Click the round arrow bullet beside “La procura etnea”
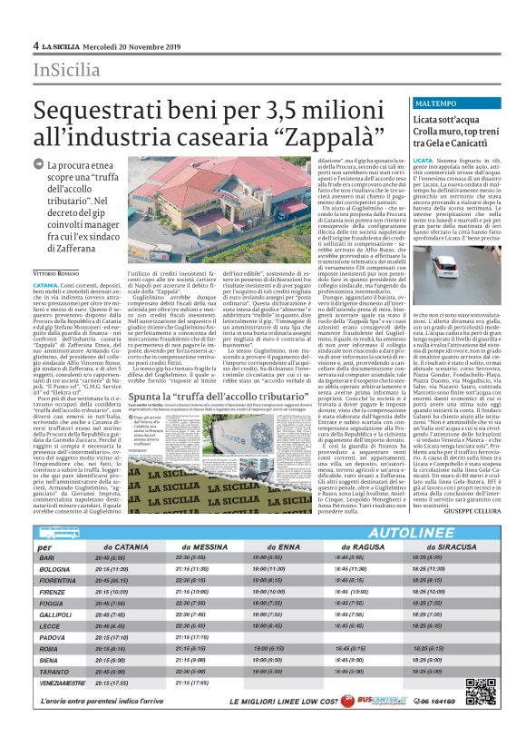point(38,163)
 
